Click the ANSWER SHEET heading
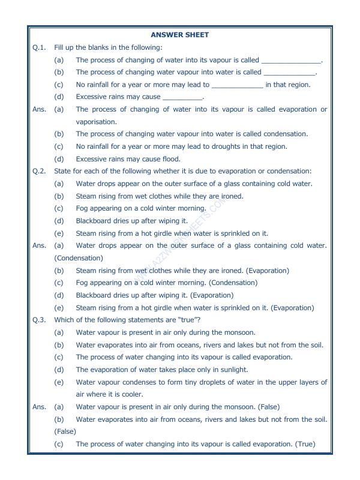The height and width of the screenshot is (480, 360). [180, 35]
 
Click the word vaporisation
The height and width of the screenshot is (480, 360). [96, 122]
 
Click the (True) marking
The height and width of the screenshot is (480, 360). [305, 445]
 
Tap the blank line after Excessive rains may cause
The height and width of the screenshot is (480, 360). [182, 97]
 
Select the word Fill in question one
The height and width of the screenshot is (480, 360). [59, 47]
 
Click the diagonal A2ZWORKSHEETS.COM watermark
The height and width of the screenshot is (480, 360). [180, 240]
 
